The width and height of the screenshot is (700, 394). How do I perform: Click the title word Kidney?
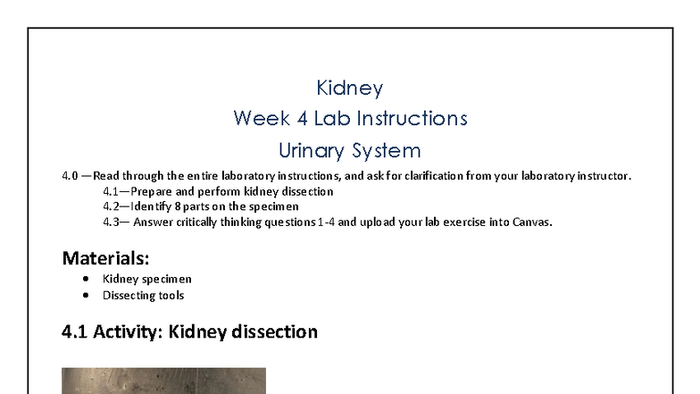point(350,88)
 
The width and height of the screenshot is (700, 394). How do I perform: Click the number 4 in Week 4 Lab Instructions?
point(295,118)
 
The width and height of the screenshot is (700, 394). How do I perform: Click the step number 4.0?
point(70,176)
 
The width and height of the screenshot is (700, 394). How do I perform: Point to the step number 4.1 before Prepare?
point(111,191)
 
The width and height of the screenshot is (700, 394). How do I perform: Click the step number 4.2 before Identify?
point(111,206)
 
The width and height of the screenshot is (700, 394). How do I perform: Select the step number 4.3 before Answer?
point(111,222)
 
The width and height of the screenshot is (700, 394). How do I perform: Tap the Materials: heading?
point(105,258)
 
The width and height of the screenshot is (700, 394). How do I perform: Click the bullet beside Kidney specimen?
point(86,279)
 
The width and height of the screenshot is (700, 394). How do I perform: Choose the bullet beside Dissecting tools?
point(86,295)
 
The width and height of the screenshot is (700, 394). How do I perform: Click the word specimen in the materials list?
point(167,279)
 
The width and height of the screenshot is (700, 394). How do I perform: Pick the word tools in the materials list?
point(170,295)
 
